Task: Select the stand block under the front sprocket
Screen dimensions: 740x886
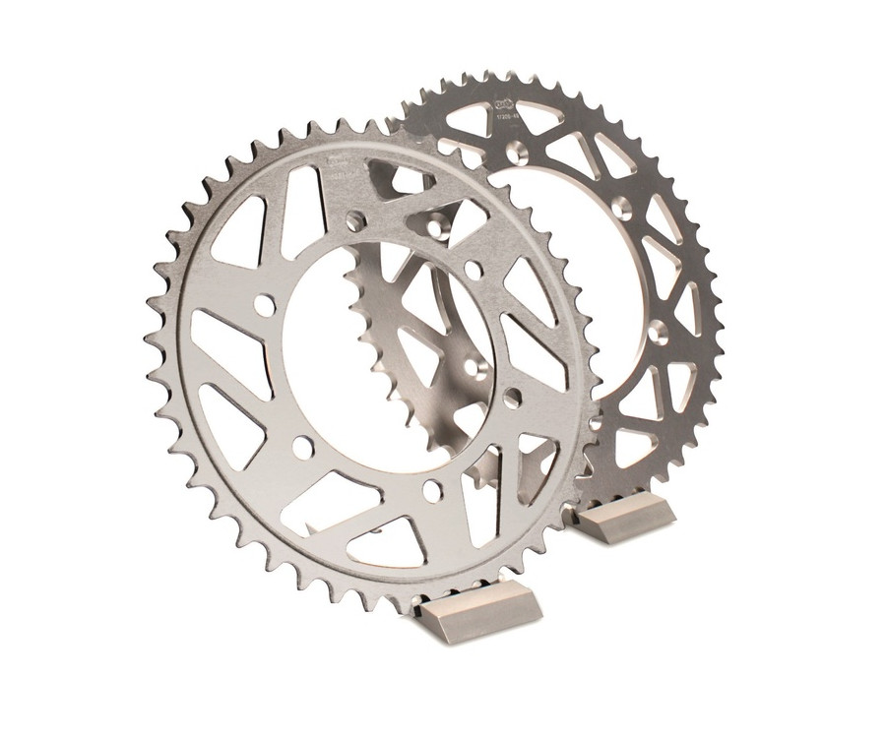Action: [478, 611]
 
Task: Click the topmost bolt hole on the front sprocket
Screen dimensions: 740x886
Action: [354, 221]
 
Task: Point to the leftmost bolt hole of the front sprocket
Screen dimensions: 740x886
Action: [264, 305]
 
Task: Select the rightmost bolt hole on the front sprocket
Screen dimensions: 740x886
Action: [512, 397]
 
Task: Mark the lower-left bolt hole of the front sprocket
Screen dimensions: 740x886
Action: [303, 448]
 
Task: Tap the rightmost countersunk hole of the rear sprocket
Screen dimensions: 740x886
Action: [658, 333]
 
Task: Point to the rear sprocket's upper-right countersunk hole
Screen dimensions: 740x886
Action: [622, 208]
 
